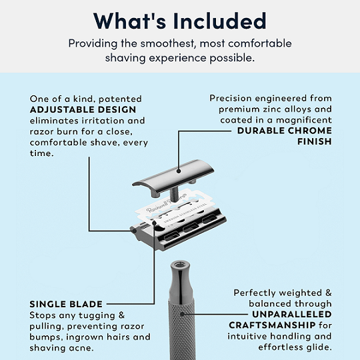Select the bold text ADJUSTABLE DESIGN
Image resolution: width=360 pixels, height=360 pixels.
point(83,110)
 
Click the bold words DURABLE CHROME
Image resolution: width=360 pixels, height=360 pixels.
point(285,131)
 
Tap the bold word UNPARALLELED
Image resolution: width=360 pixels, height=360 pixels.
point(292,315)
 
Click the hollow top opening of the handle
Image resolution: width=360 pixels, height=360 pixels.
point(179,265)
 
